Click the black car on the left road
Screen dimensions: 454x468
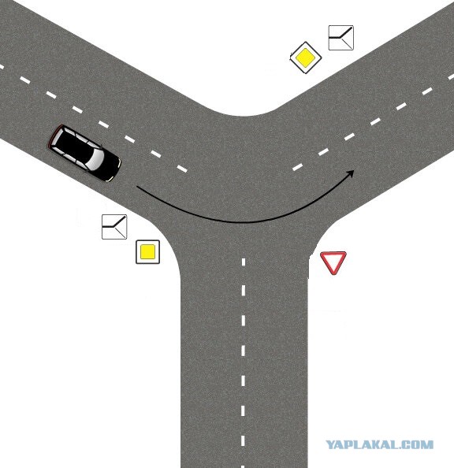pos(84,154)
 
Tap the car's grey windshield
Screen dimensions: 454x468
pos(95,160)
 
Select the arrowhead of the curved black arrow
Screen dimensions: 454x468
pos(350,174)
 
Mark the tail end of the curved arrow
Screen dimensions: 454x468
pos(137,187)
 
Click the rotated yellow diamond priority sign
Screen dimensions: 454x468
pos(306,58)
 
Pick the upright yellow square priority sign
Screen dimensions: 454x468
pos(148,252)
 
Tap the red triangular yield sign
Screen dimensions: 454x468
pos(333,262)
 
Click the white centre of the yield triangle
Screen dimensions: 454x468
pos(333,260)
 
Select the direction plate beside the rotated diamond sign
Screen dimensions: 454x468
pos(341,38)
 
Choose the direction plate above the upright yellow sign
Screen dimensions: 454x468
pos(114,227)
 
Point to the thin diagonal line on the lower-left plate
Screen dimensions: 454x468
pos(120,232)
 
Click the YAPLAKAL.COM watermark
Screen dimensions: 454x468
pos(379,444)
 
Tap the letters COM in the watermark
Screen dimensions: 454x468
pos(419,444)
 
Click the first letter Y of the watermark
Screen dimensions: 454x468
pos(330,444)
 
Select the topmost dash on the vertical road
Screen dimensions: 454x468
pos(244,262)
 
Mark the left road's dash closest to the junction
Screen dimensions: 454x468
pos(182,169)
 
